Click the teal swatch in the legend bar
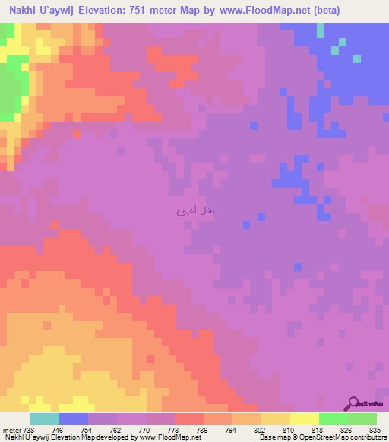point(44,419)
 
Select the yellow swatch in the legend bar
point(304,419)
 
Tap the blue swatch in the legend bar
point(73,419)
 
